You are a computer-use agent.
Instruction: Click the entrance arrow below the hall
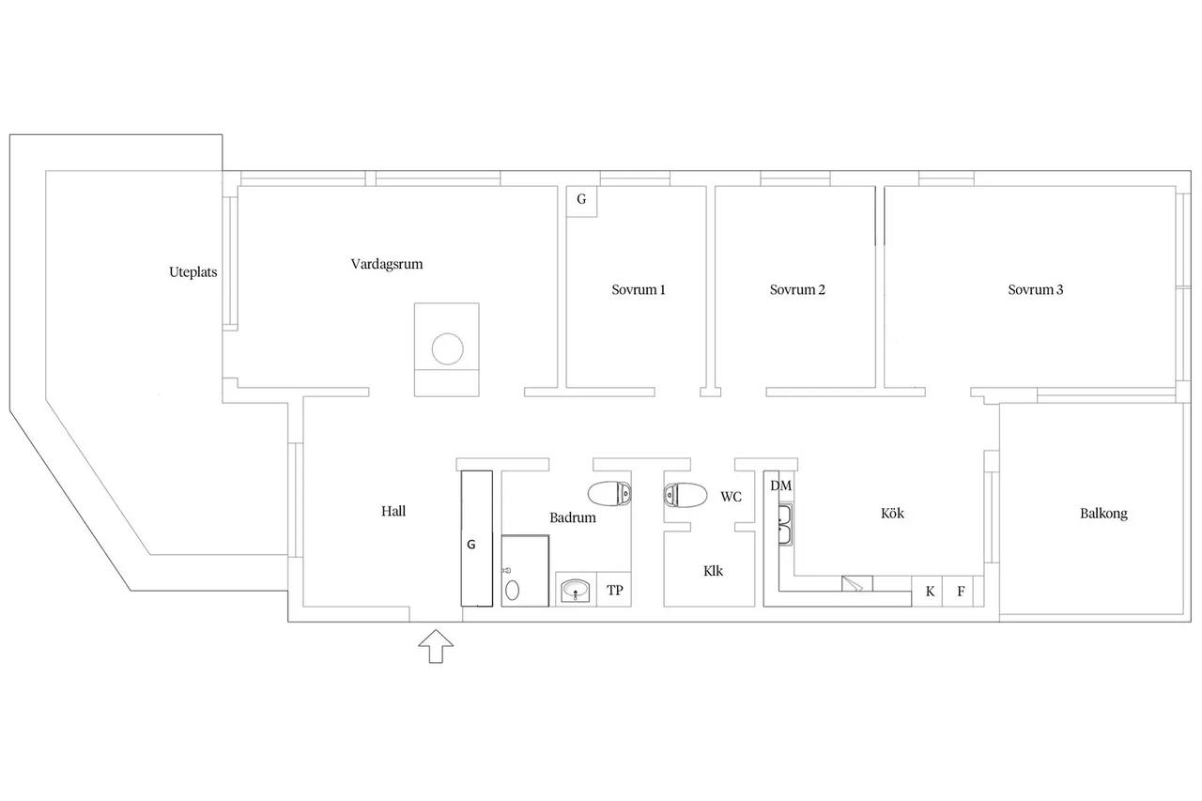pos(436,646)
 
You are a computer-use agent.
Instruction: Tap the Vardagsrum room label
pos(386,264)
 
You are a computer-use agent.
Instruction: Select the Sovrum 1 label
pos(638,290)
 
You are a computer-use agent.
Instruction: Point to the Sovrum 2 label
pos(797,290)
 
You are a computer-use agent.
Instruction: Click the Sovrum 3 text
pos(1035,290)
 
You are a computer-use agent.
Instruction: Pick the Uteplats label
pos(193,272)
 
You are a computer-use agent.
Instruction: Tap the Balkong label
pos(1103,514)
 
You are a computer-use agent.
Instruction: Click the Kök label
pos(892,514)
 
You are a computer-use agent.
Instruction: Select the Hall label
pos(393,511)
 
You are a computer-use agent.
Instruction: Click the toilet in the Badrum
pos(609,494)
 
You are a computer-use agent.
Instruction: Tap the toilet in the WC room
pos(686,495)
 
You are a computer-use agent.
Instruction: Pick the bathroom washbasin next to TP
pos(576,591)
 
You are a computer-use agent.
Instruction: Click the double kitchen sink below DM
pos(785,525)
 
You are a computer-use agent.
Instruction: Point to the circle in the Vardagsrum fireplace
pos(447,348)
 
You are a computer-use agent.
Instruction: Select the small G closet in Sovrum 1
pos(581,202)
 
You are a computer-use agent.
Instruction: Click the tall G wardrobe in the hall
pos(477,539)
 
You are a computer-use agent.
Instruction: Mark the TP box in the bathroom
pos(614,590)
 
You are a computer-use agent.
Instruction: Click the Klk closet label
pos(713,571)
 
